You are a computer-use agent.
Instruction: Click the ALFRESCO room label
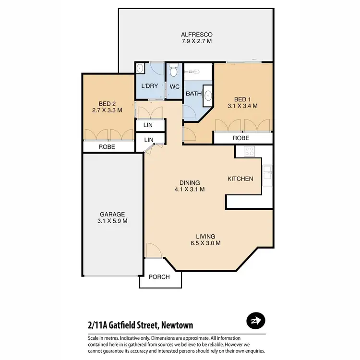click(196, 35)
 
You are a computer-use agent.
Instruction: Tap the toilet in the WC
click(173, 71)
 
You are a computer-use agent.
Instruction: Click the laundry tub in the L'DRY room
click(139, 68)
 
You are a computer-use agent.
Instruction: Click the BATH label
click(193, 94)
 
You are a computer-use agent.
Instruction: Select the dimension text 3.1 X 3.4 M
click(242, 106)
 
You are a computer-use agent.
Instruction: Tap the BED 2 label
click(107, 102)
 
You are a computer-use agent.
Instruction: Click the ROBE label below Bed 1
click(241, 138)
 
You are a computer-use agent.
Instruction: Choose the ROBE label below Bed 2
click(107, 147)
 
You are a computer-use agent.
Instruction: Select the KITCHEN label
click(240, 179)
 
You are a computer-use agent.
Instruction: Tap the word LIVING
click(205, 236)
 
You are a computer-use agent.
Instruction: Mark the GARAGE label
click(112, 214)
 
